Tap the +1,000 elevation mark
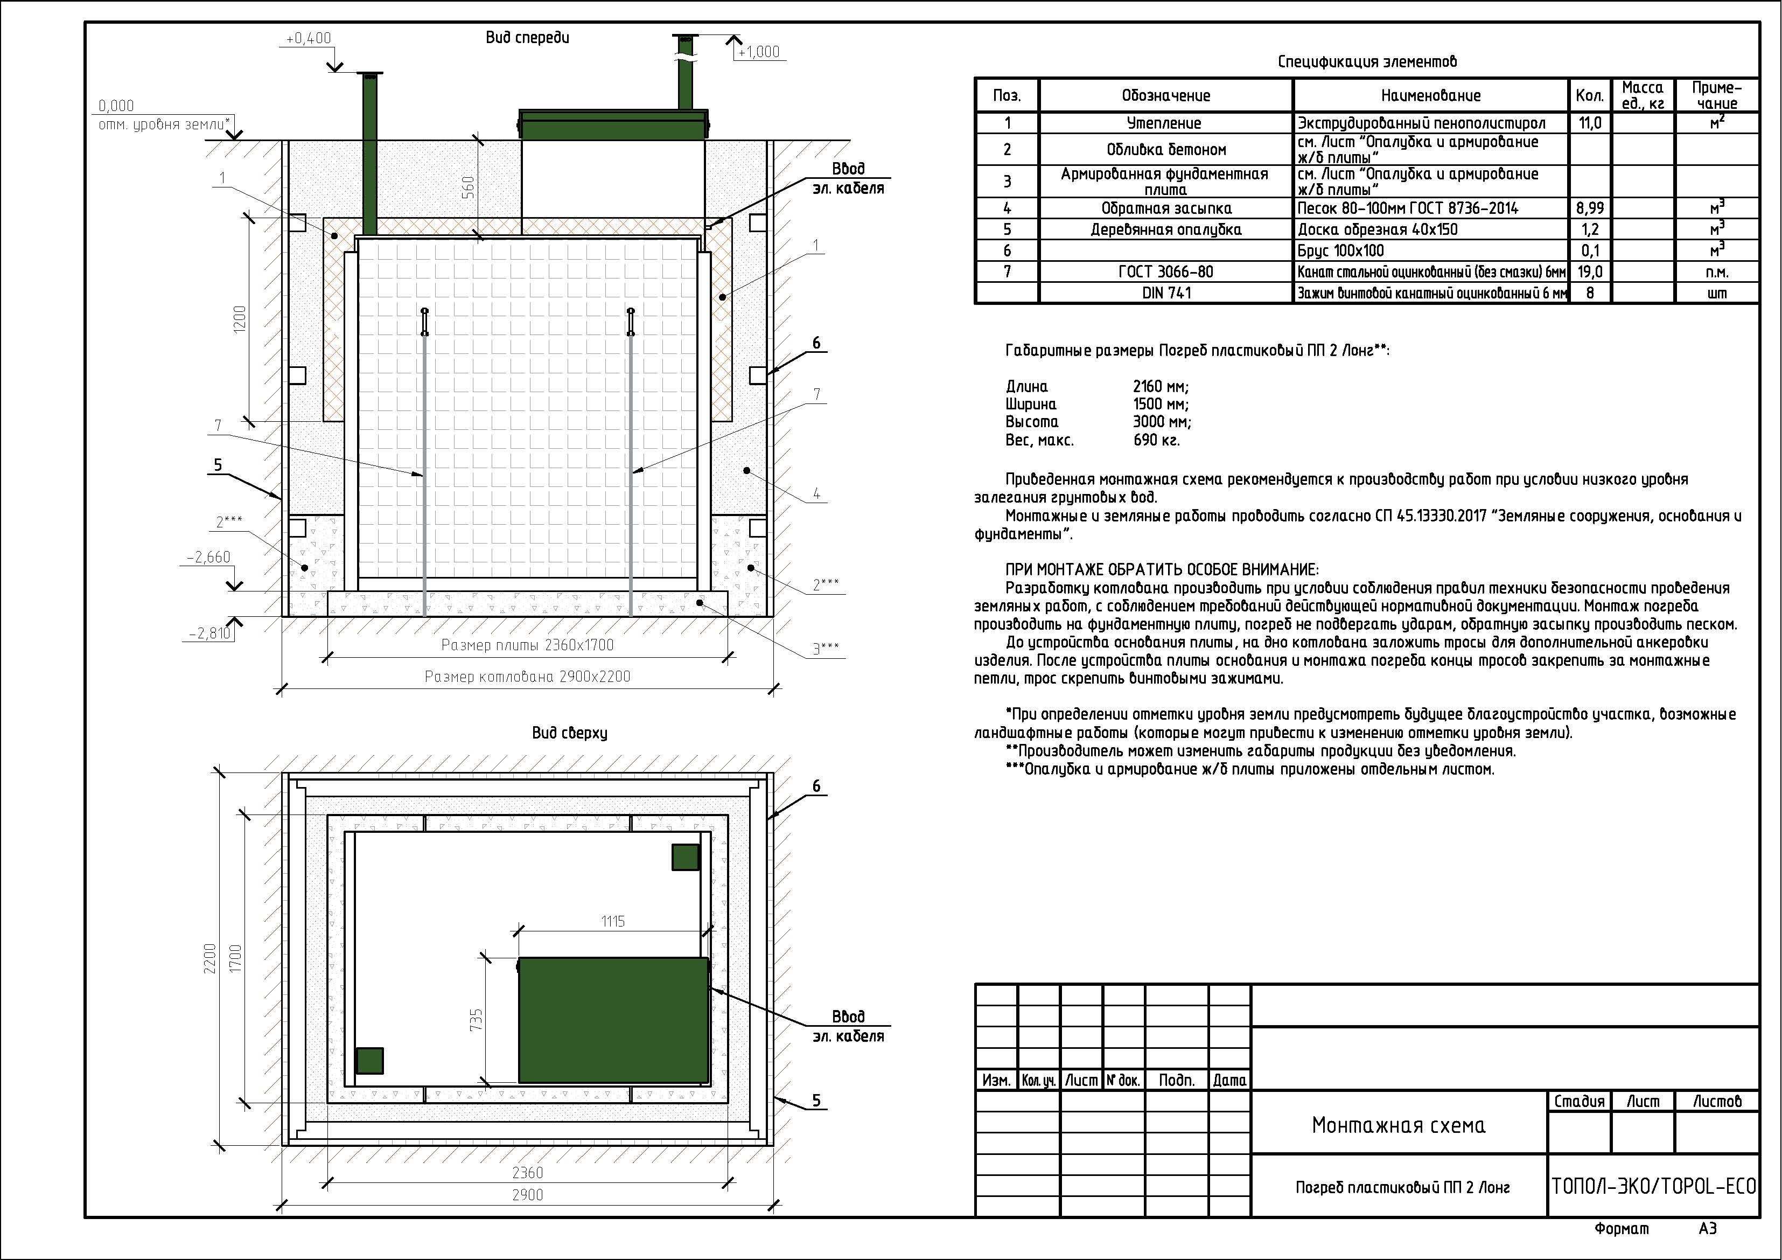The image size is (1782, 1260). click(758, 52)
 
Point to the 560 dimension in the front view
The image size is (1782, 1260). click(468, 187)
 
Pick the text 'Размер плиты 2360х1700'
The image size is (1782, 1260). click(527, 645)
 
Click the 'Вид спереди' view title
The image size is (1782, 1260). click(528, 37)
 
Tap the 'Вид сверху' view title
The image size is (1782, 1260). click(570, 733)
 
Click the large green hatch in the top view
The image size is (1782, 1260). click(613, 1020)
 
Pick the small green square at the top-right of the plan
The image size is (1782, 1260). click(686, 857)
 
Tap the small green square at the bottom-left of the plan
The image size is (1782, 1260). click(369, 1061)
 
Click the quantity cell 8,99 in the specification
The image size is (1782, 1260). click(1590, 208)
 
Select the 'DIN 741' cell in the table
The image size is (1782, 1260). click(1166, 293)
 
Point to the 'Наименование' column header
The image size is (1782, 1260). click(1430, 95)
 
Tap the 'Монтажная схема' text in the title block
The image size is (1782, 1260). click(1399, 1125)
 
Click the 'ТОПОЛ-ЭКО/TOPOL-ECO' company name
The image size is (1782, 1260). click(1653, 1186)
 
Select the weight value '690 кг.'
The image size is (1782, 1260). click(1156, 440)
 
